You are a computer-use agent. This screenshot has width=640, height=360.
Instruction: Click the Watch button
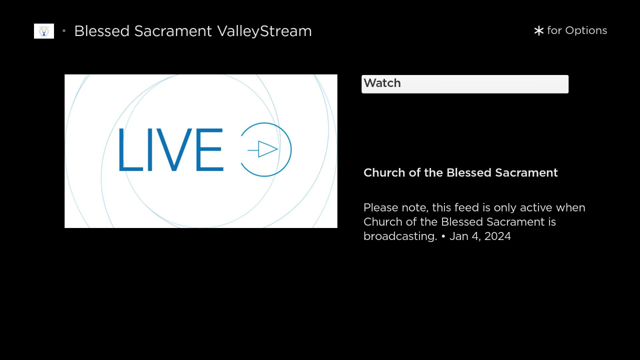[x=465, y=84]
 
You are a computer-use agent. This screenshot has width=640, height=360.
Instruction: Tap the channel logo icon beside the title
[x=44, y=31]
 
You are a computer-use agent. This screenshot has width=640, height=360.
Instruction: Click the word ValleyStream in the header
[x=264, y=31]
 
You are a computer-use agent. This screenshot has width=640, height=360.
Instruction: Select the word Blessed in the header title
[x=101, y=31]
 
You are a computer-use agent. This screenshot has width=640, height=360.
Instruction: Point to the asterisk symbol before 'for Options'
[x=538, y=30]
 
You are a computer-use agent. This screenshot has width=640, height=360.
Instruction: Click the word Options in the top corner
[x=586, y=30]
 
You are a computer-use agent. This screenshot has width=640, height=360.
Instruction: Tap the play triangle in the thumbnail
[x=267, y=149]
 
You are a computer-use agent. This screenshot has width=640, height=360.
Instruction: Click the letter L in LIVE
[x=130, y=149]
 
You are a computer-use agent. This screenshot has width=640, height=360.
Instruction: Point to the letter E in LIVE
[x=209, y=149]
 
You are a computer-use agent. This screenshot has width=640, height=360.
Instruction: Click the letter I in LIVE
[x=149, y=149]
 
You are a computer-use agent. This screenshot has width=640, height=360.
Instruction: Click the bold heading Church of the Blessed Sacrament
[x=460, y=173]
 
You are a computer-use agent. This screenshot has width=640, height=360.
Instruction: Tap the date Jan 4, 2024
[x=480, y=236]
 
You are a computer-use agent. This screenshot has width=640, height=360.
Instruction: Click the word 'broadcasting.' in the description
[x=400, y=236]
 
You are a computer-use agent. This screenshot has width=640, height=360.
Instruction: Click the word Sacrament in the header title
[x=173, y=31]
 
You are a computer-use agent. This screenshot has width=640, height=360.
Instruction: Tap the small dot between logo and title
[x=64, y=31]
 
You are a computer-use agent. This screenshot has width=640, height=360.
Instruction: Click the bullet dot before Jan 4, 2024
[x=443, y=236]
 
